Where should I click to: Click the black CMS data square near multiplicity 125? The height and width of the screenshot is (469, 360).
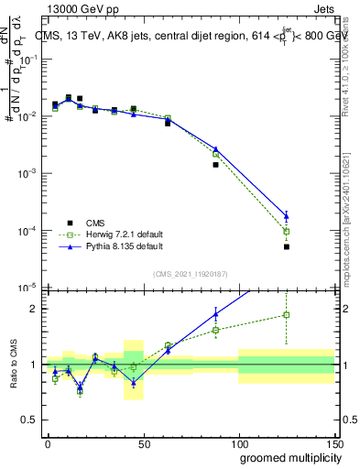point(287,246)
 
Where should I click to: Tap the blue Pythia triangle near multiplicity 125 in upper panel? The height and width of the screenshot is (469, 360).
point(287,216)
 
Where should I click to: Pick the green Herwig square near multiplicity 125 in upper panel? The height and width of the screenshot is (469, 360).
point(287,231)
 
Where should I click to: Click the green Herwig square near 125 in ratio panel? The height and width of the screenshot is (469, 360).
point(287,315)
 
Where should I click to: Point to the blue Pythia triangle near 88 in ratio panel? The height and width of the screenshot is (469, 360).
point(216,314)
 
